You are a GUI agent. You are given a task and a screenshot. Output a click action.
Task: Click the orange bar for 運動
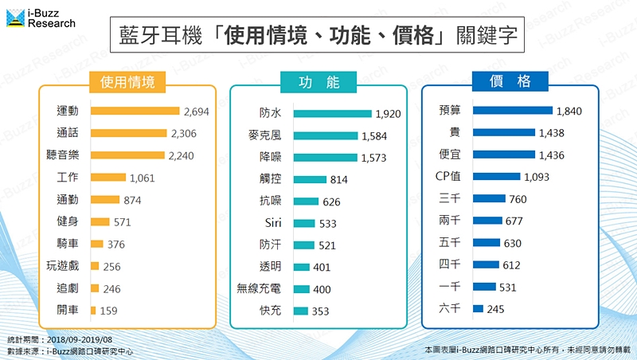point(135,111)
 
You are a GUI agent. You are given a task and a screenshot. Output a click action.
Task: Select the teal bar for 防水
point(332,114)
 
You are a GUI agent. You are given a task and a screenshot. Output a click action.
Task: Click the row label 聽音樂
point(62,155)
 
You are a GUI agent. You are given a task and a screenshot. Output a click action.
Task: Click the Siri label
point(272,223)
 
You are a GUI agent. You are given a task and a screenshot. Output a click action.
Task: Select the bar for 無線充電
point(303,288)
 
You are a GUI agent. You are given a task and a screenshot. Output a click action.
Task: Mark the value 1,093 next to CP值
point(536,176)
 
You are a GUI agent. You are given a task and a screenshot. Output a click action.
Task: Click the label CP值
point(451,176)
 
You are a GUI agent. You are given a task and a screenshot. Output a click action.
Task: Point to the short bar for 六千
point(478,308)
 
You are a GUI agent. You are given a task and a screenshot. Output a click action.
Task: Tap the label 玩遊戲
point(62,266)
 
